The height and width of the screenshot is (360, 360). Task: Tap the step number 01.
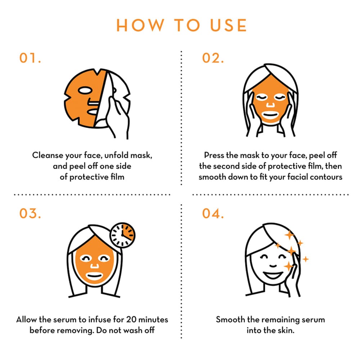point(30,58)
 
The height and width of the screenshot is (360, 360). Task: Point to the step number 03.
point(30,213)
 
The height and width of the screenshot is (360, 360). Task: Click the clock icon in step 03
point(122,235)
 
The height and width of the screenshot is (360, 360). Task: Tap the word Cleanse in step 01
point(46,156)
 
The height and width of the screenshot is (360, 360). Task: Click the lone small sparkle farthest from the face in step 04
point(306,259)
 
